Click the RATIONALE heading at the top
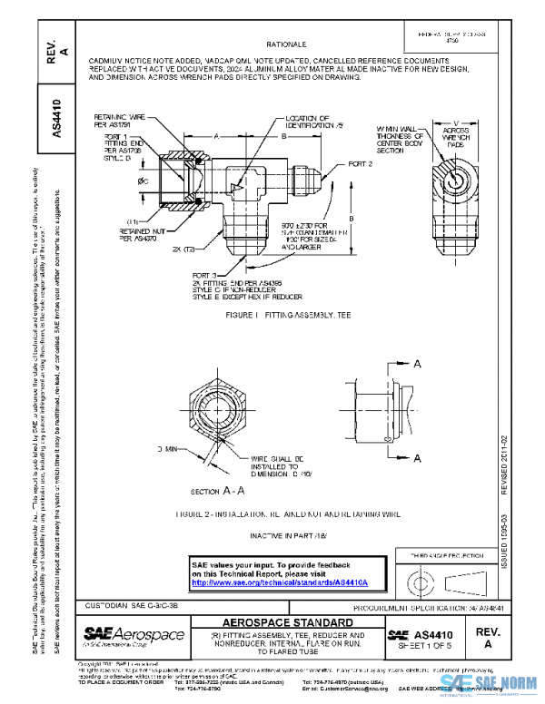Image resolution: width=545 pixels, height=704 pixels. coord(286,44)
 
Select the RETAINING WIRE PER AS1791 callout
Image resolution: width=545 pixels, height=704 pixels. coord(121,122)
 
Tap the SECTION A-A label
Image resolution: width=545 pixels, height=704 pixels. coord(214,491)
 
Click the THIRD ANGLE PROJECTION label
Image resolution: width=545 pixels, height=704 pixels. coord(445,552)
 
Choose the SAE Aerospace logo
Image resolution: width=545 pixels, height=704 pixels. coord(134,635)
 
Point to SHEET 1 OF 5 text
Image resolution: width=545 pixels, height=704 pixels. coord(428,647)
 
